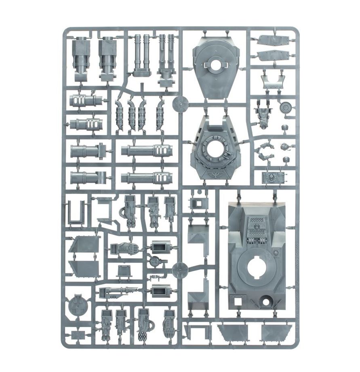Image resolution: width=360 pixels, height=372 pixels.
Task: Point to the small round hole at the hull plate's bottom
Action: (x=266, y=301)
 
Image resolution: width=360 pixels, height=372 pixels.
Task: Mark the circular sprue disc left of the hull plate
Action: (x=179, y=270)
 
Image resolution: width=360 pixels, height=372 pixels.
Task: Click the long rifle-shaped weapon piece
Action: (x=118, y=292)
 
